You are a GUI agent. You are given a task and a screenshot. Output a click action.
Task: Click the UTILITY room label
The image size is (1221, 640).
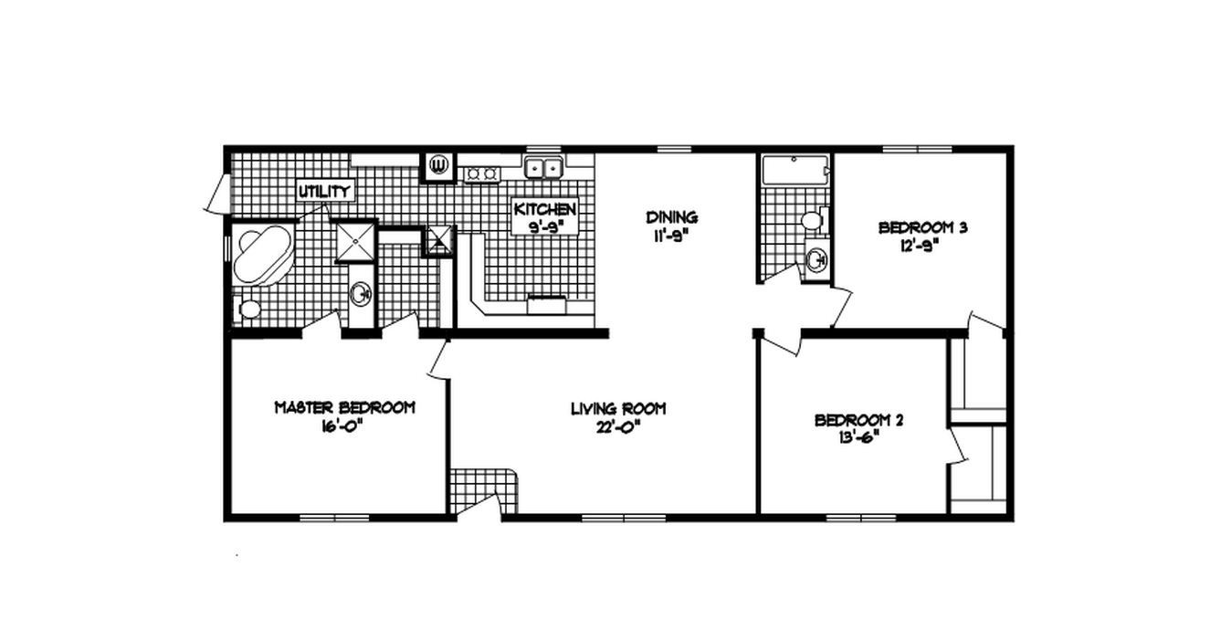click(324, 192)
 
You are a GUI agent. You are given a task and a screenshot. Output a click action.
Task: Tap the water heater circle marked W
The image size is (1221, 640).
click(437, 165)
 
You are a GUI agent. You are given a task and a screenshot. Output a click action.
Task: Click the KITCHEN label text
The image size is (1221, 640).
click(545, 209)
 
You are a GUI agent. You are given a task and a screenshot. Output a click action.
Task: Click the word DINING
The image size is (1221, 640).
click(672, 217)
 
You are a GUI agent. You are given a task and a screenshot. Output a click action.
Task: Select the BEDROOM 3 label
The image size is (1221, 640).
click(922, 227)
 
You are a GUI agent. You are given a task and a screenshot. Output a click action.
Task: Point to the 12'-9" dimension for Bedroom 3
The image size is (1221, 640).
click(922, 245)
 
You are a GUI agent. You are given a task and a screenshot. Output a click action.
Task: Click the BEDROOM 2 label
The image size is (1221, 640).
click(858, 420)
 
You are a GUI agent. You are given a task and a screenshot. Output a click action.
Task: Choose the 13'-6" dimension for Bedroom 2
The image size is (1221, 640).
click(858, 436)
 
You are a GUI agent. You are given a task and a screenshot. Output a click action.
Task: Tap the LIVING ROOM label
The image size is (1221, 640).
click(618, 409)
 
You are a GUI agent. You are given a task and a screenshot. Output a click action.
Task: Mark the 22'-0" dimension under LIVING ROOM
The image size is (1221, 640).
click(618, 425)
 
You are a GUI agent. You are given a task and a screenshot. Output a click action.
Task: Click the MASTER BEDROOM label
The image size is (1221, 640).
click(344, 407)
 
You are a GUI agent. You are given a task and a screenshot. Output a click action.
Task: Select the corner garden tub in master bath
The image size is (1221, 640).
click(261, 255)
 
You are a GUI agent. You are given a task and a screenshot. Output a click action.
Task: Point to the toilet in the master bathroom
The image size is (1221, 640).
click(248, 308)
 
